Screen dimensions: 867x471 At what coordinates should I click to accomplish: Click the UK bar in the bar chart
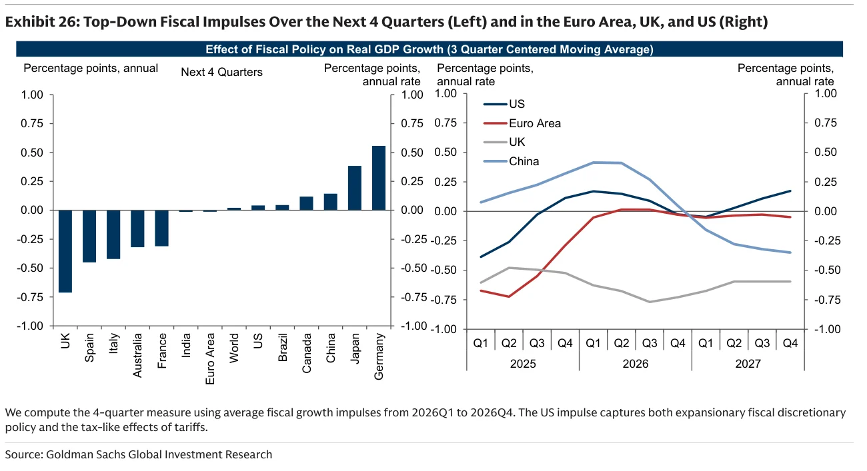(x=65, y=251)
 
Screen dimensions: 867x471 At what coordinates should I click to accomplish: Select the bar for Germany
(x=379, y=178)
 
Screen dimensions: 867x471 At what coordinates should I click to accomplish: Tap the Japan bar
(x=355, y=188)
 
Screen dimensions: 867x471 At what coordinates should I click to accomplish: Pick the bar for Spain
(x=89, y=236)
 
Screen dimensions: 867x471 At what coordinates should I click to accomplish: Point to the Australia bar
(x=137, y=229)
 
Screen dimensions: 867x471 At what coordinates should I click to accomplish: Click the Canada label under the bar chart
(x=307, y=353)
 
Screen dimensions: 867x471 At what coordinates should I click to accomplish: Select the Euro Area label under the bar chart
(x=210, y=359)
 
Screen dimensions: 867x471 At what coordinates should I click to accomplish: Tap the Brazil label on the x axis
(x=283, y=347)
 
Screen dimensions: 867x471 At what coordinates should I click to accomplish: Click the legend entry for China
(x=512, y=161)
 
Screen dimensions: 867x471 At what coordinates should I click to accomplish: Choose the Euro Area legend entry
(x=522, y=123)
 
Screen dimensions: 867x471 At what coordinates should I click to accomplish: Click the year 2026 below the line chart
(x=636, y=364)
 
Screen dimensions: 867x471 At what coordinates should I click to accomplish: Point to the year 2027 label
(x=748, y=364)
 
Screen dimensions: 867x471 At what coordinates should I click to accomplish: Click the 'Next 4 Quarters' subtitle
(x=222, y=73)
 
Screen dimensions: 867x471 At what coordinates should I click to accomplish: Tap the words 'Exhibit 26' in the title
(x=41, y=22)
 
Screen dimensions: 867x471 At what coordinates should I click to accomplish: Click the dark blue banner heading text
(x=429, y=49)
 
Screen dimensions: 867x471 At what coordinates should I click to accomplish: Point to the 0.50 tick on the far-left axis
(x=32, y=153)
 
